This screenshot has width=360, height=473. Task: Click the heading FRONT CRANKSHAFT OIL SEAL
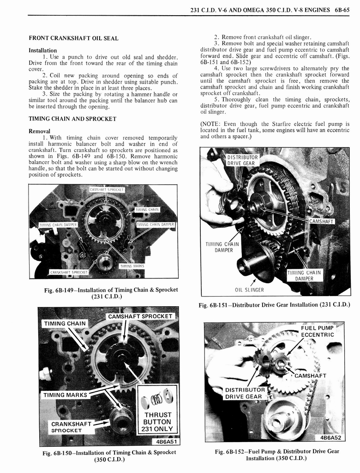pyautogui.click(x=73, y=38)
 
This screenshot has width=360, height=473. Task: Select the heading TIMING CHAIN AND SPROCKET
pyautogui.click(x=72, y=119)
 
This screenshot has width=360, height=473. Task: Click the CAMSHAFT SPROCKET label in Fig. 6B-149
pyautogui.click(x=107, y=189)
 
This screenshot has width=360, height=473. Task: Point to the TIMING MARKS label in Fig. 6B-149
pyautogui.click(x=132, y=266)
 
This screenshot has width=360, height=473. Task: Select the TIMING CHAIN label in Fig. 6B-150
pyautogui.click(x=65, y=323)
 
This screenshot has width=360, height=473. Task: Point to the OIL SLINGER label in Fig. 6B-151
pyautogui.click(x=249, y=290)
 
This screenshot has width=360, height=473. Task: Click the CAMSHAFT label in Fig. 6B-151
pyautogui.click(x=321, y=221)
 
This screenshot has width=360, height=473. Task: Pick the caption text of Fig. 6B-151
pyautogui.click(x=274, y=305)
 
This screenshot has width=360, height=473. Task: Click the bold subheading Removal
pyautogui.click(x=39, y=131)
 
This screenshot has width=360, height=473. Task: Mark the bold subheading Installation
pyautogui.click(x=43, y=50)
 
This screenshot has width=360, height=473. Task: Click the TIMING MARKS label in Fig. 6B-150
pyautogui.click(x=65, y=395)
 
